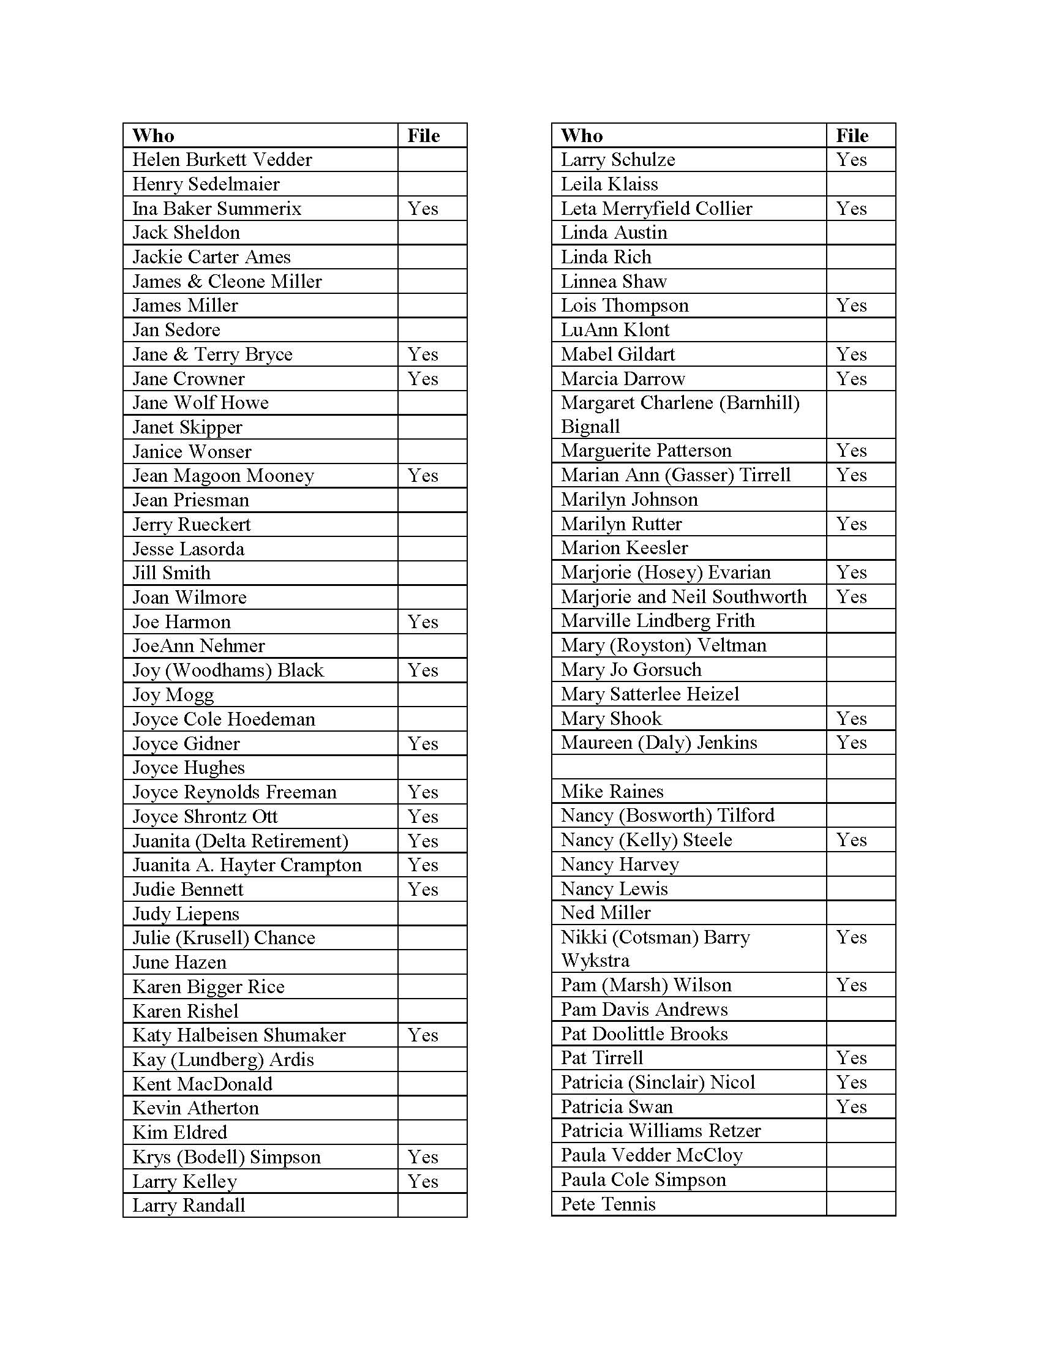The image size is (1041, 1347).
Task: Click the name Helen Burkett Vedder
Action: [222, 160]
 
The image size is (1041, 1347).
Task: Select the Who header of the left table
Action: [153, 136]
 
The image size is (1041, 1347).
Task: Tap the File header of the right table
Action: [852, 136]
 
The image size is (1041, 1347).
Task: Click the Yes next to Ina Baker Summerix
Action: [423, 208]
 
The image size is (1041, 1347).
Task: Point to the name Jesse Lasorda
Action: [188, 549]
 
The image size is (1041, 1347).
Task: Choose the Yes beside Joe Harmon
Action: [423, 621]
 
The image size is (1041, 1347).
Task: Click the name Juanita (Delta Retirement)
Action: [241, 841]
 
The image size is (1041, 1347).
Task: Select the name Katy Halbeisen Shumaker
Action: [239, 1035]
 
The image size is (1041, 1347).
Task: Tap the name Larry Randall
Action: [189, 1205]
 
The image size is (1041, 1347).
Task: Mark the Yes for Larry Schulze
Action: [851, 160]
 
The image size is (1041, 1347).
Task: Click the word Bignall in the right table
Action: [590, 427]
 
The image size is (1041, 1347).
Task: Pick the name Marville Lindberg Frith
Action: [658, 620]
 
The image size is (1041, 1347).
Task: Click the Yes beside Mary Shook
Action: [851, 719]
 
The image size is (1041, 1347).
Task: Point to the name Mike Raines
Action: [612, 791]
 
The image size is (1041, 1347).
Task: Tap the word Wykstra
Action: [595, 960]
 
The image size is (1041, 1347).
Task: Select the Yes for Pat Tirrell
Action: [851, 1058]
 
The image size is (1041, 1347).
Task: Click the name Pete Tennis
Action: [608, 1204]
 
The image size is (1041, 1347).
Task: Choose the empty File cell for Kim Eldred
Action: [432, 1132]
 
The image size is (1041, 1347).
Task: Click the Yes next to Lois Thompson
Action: [851, 306]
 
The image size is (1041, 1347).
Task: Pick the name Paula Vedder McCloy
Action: [652, 1155]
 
